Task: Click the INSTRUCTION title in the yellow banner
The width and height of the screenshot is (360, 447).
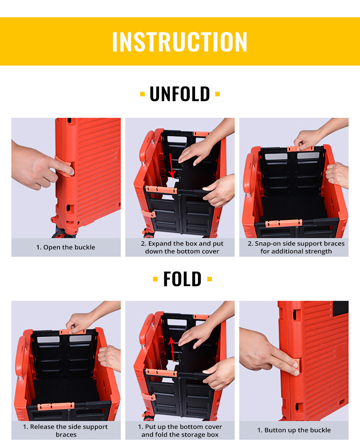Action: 180,42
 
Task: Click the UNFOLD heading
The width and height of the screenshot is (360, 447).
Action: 180,94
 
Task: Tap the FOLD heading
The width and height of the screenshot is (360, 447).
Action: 182,279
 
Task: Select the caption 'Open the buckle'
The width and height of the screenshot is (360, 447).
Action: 69,247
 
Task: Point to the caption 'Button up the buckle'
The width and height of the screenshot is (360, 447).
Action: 297,430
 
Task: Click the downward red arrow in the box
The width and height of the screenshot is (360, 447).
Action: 171,166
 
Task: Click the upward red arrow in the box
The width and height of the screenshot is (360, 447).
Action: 172,349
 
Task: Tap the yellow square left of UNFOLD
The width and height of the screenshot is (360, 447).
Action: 142,94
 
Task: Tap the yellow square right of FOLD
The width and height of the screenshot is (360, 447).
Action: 210,279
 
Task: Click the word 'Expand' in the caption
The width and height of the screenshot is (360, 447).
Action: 160,244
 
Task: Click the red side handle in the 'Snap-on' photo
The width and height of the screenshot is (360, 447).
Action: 248,174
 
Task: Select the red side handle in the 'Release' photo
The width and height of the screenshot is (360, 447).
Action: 21,357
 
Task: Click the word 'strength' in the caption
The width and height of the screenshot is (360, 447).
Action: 318,251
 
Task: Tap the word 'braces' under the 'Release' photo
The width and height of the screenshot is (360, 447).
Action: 66,435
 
